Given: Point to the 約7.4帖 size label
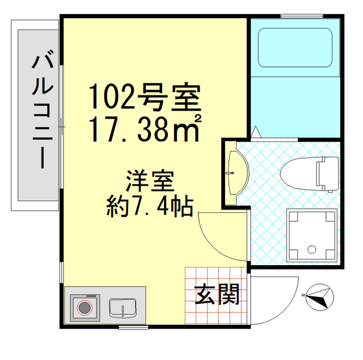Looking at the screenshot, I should click(150, 206).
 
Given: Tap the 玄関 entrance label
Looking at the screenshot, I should click(218, 294).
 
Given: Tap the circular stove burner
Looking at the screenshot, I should click(85, 308).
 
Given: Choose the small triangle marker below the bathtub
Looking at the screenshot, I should click(256, 132).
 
